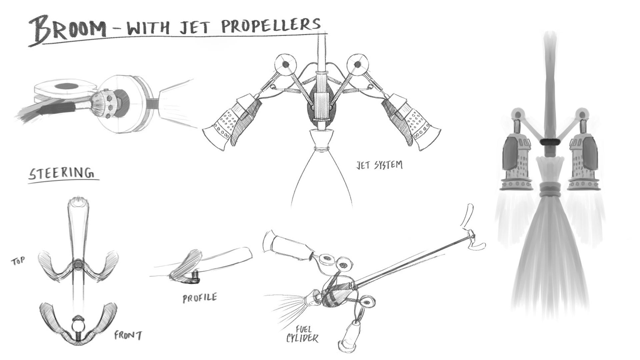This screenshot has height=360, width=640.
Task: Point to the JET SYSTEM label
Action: tap(379, 165)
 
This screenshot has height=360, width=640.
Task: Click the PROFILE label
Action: tap(200, 298)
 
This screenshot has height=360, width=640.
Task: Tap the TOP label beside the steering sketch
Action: tap(18, 261)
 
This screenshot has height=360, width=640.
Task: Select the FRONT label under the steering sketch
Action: tap(128, 335)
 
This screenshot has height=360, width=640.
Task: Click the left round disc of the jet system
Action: tap(286, 64)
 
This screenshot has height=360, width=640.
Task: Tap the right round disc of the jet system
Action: tap(357, 64)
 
